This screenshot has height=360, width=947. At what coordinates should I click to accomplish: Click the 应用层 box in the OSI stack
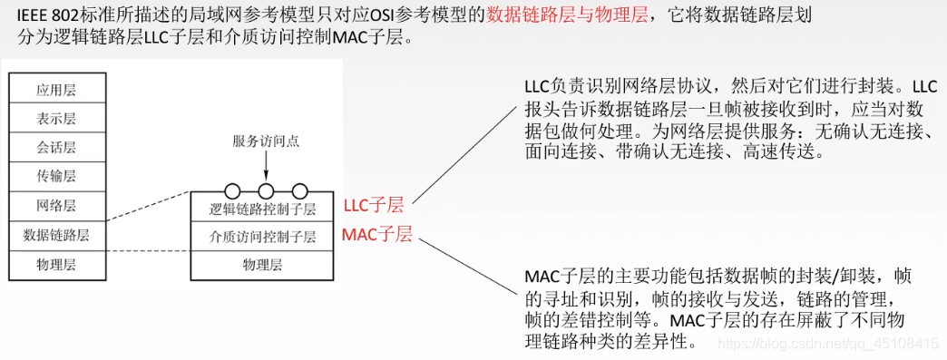56,90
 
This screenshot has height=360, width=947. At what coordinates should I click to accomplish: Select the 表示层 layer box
56,119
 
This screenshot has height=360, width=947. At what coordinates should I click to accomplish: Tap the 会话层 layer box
56,148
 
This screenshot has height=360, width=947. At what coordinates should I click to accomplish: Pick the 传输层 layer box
56,177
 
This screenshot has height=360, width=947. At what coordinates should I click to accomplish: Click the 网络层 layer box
56,206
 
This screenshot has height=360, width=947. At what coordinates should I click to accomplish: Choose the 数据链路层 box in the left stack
56,235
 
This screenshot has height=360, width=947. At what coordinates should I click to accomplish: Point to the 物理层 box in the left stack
56,264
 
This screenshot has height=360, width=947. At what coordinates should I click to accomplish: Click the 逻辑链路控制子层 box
262,209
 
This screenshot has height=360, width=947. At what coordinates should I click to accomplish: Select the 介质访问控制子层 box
262,238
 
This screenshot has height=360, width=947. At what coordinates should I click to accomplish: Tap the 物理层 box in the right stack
262,265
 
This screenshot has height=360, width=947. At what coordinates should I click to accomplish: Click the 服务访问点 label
265,141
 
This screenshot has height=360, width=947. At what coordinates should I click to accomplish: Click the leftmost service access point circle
232,191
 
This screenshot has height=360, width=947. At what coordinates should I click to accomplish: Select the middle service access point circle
266,191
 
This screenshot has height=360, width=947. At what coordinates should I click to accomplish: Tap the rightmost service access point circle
298,191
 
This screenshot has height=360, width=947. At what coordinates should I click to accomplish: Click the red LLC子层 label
373,205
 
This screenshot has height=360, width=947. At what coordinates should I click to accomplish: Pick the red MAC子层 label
377,235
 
